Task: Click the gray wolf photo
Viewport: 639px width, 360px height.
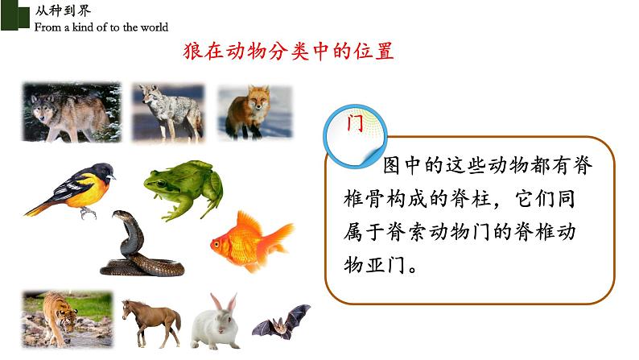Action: point(71,111)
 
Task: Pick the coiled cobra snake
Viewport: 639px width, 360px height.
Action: point(136,246)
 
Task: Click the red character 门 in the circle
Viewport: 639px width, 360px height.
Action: point(353,126)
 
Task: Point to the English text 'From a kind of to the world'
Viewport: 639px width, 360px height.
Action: point(101,27)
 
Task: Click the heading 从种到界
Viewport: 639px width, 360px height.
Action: point(56,10)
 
